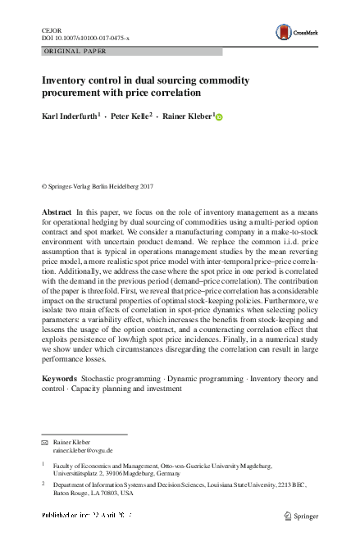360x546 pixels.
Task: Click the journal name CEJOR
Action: pyautogui.click(x=50, y=29)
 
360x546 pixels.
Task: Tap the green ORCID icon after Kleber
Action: pyautogui.click(x=219, y=118)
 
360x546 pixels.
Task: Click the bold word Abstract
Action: pyautogui.click(x=57, y=212)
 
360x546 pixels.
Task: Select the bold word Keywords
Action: pyautogui.click(x=60, y=378)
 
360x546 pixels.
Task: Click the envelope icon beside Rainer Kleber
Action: pyautogui.click(x=45, y=442)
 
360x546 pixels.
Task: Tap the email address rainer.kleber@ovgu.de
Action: pyautogui.click(x=83, y=450)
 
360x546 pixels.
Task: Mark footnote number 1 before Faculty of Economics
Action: pyautogui.click(x=43, y=463)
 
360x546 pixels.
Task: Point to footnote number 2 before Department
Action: pyautogui.click(x=43, y=485)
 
